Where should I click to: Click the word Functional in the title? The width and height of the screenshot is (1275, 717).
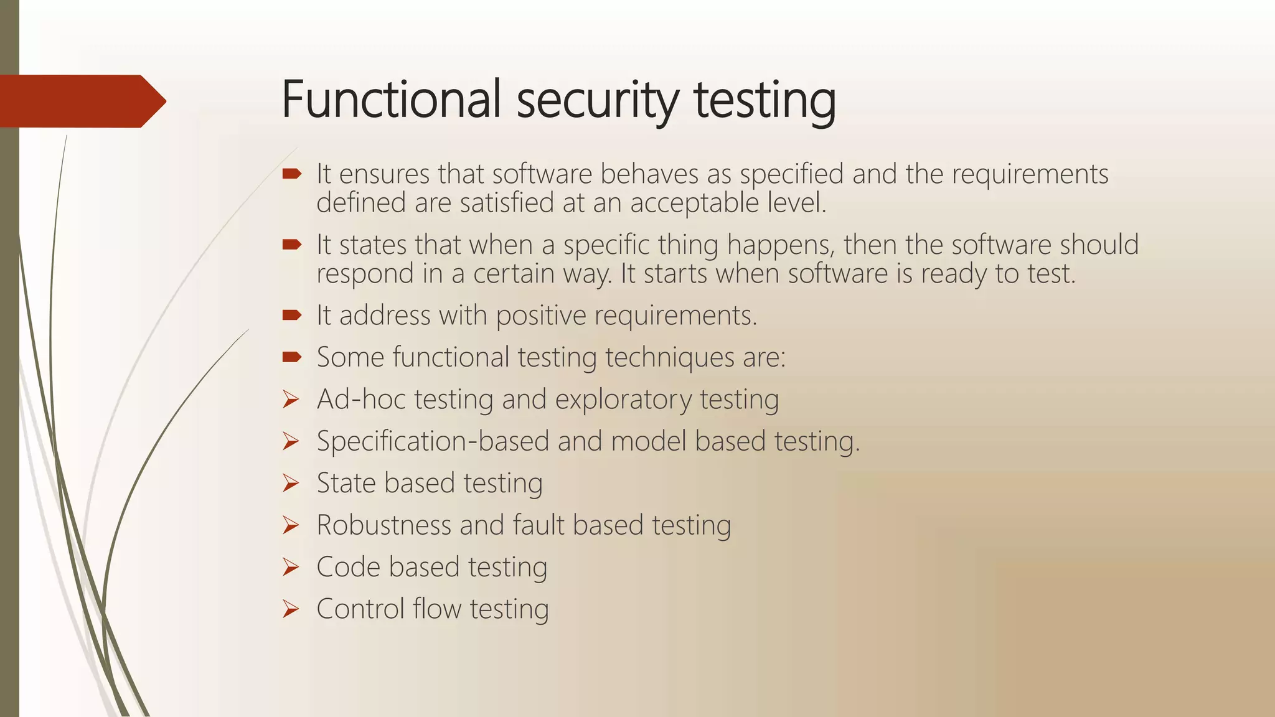coord(391,100)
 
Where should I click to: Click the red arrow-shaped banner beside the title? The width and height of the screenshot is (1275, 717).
coord(81,101)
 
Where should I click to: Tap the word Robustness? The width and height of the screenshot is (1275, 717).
coord(383,525)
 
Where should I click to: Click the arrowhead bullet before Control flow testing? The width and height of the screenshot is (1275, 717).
coord(291,609)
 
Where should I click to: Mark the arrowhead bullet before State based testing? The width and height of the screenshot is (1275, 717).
coord(291,483)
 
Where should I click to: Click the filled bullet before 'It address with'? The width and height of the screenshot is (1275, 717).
coord(291,316)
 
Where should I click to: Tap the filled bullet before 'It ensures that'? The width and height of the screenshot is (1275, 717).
coord(291,174)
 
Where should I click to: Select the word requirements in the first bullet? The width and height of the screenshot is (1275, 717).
coord(1030,174)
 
